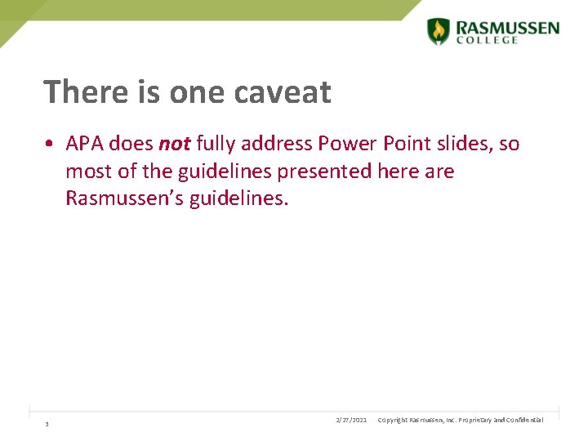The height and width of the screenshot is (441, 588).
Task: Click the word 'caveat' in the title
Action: [x=282, y=92]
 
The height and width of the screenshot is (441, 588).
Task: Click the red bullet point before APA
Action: [x=51, y=145]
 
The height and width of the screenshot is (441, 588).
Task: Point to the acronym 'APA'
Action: [x=85, y=144]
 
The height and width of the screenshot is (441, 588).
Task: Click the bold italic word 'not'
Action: [x=174, y=144]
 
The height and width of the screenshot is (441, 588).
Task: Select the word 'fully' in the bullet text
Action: [x=216, y=145]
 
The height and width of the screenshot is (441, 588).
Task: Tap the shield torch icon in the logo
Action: [x=439, y=31]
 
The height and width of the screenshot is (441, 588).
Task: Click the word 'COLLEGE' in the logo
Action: [x=488, y=40]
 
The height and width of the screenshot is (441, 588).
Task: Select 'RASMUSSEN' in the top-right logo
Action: [x=507, y=27]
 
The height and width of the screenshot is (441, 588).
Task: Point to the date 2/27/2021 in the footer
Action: [x=351, y=420]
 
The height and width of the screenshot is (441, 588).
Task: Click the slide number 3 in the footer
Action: [x=47, y=424]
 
